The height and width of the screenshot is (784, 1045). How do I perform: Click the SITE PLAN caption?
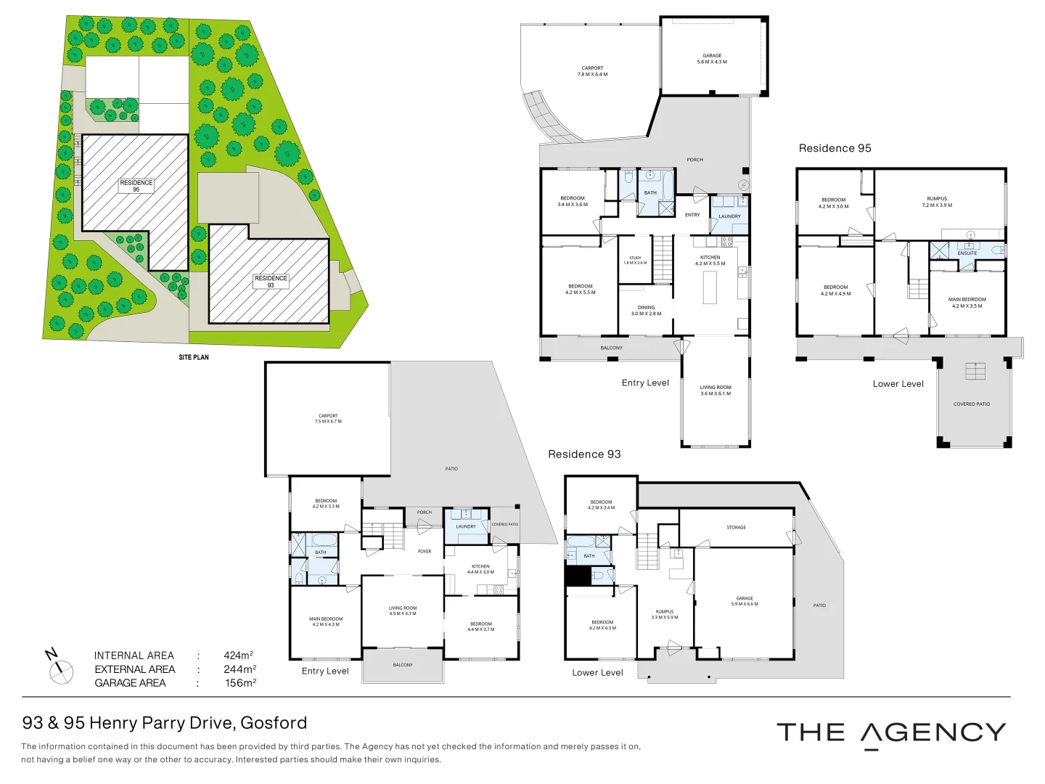coord(194,357)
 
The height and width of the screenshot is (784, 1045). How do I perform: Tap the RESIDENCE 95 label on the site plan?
coord(136,186)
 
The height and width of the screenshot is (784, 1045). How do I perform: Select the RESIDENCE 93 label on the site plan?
coord(271,282)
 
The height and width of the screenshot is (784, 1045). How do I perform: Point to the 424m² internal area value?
coord(238,656)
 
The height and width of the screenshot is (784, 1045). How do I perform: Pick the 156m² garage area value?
coord(240,683)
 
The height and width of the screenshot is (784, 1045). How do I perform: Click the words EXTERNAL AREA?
coord(135,669)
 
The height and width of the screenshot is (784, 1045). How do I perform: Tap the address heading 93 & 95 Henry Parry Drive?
coord(165,723)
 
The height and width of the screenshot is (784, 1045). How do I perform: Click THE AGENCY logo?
coord(891,733)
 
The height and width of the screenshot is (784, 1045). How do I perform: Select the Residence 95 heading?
coord(835,148)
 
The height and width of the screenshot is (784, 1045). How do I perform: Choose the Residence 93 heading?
coord(584,454)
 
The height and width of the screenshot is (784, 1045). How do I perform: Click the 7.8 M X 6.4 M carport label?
coord(593,71)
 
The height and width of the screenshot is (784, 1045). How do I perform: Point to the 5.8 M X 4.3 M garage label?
coord(712,59)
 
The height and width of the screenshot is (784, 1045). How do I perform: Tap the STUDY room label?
coord(635,260)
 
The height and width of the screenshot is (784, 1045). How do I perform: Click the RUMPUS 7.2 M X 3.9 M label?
coord(937,202)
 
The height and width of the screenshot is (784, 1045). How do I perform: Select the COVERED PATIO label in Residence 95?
coord(972,404)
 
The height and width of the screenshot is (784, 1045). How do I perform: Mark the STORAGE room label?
coord(736,528)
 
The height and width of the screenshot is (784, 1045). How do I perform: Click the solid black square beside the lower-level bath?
coord(578,576)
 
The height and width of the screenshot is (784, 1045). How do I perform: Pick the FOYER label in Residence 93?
coord(425,552)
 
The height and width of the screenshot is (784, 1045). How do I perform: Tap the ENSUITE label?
coord(967,253)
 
